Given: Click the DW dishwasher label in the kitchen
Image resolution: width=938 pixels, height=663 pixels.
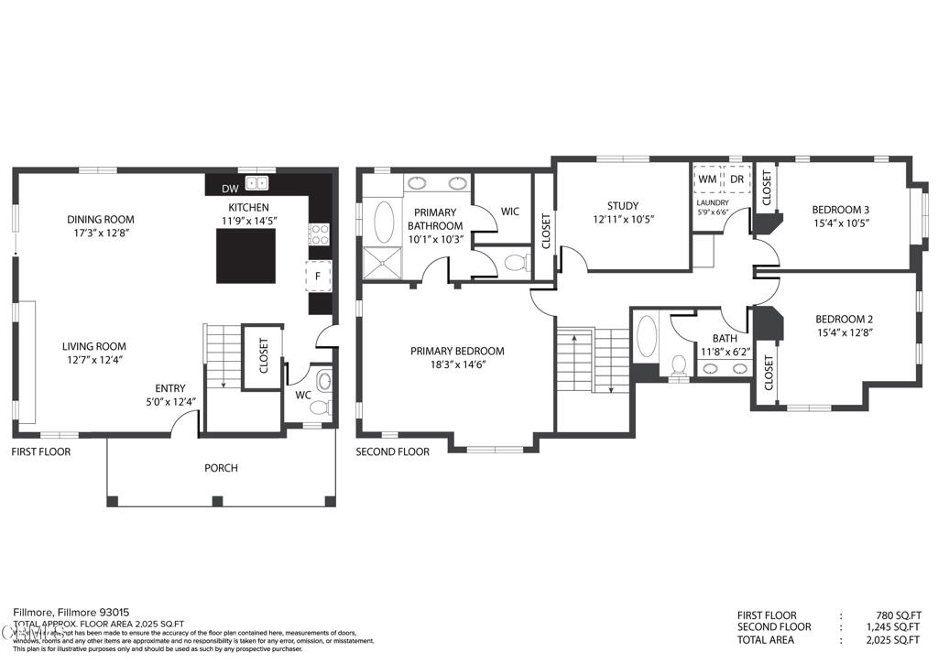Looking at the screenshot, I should tap(230, 190).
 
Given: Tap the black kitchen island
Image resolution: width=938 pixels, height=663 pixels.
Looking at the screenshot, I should tap(245, 255).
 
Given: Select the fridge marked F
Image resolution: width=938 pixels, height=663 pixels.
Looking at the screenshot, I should tap(317, 275).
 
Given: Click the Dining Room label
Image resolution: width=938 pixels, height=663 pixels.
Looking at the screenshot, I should tap(101, 219).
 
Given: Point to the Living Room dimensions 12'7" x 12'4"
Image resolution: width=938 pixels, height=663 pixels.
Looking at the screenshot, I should tap(93, 360).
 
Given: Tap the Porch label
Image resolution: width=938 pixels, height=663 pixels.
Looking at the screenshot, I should tap(221, 468).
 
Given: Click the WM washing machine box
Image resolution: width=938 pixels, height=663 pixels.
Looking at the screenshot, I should tap(706, 179).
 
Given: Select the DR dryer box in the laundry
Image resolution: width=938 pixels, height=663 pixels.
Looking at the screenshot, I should tap(736, 179).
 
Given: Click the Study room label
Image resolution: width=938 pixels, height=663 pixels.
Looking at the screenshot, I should tap(622, 206).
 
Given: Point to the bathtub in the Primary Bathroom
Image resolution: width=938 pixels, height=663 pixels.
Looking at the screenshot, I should tap(383, 221).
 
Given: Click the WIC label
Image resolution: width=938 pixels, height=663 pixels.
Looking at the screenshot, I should tap(509, 212).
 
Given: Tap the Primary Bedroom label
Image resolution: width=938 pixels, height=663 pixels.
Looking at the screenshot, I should tap(457, 351).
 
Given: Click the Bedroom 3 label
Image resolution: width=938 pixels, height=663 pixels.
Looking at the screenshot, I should tap(841, 208).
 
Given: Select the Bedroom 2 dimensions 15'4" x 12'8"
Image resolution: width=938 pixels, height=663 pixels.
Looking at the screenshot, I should tap(843, 333).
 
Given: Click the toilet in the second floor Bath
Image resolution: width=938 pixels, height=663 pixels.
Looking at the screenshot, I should tap(679, 364).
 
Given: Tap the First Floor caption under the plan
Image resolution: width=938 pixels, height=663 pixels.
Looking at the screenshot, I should tap(40, 451).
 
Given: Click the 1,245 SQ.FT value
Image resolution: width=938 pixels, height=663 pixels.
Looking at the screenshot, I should tap(895, 626).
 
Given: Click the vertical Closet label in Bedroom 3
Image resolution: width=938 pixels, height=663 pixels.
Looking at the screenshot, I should tap(767, 187).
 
